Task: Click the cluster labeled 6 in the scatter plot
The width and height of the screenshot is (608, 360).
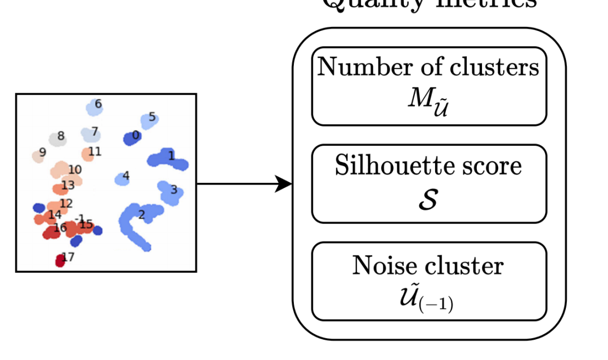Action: (x=93, y=107)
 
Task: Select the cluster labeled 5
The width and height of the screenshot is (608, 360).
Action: (x=149, y=120)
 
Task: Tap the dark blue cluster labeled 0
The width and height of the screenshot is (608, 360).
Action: (x=132, y=137)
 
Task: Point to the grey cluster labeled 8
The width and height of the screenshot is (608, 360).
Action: (x=57, y=138)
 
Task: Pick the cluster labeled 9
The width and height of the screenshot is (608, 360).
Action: (x=38, y=156)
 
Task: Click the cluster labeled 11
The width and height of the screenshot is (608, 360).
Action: (x=88, y=154)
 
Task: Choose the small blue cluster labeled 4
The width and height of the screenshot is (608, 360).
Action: (x=122, y=179)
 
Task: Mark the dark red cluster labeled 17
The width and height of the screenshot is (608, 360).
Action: (x=61, y=260)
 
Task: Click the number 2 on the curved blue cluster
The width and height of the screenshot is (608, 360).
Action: (x=141, y=214)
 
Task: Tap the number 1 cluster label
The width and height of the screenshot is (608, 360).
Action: (x=172, y=156)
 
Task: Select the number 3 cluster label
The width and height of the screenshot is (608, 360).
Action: (x=174, y=190)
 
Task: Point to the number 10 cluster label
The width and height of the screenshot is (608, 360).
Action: (x=75, y=169)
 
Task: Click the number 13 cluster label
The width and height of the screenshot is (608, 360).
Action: (x=68, y=185)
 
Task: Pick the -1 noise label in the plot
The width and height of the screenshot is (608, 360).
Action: (x=79, y=218)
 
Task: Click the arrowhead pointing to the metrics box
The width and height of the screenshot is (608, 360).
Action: (x=284, y=183)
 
